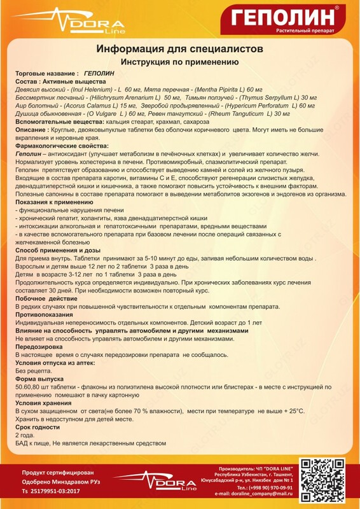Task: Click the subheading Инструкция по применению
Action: click(x=179, y=62)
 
